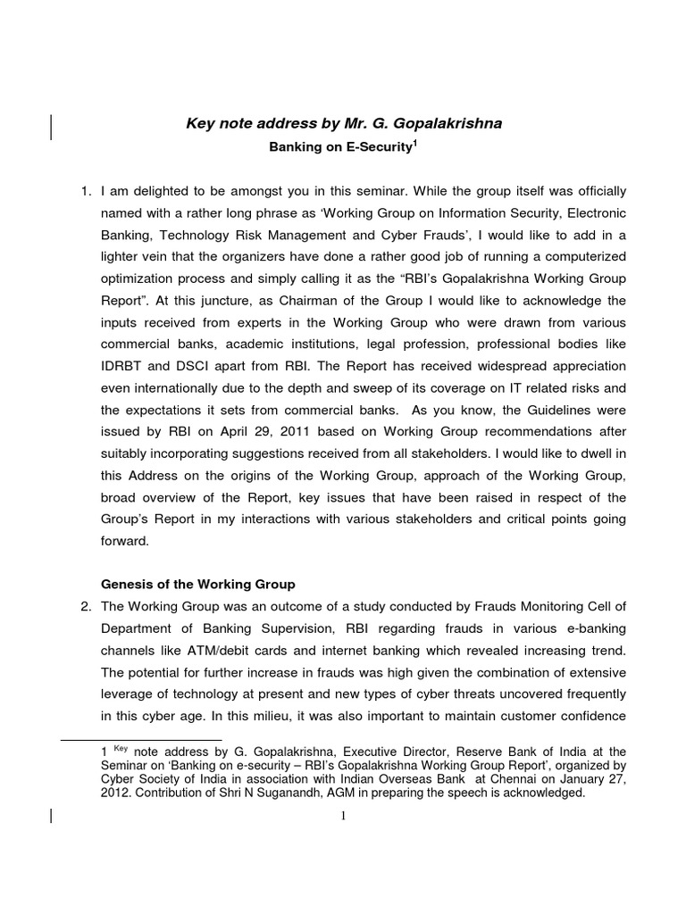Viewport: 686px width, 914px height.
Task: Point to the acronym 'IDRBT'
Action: coord(124,366)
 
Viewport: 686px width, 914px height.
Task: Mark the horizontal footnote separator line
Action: coord(141,741)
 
